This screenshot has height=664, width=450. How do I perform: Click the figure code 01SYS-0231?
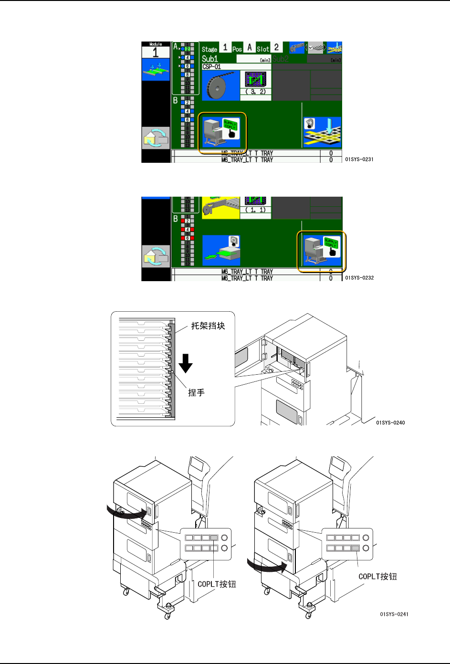pyautogui.click(x=359, y=159)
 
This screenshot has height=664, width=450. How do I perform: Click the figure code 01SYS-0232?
pyautogui.click(x=359, y=278)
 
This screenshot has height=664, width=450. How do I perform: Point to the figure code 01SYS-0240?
pyautogui.click(x=390, y=422)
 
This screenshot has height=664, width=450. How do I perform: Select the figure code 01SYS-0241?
pyautogui.click(x=394, y=614)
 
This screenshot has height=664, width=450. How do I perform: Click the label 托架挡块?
pyautogui.click(x=208, y=326)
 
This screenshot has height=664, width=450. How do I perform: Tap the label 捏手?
pyautogui.click(x=196, y=392)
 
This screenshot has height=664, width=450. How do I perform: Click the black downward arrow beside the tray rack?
pyautogui.click(x=186, y=363)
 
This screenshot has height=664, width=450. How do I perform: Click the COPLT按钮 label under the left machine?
pyautogui.click(x=217, y=584)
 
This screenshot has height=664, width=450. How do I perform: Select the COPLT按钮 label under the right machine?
pyautogui.click(x=377, y=577)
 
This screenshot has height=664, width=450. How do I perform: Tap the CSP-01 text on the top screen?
pyautogui.click(x=212, y=67)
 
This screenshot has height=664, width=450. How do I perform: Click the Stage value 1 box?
pyautogui.click(x=225, y=48)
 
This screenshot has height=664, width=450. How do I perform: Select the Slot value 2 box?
pyautogui.click(x=276, y=48)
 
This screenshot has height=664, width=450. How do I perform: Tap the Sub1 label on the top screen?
pyautogui.click(x=210, y=59)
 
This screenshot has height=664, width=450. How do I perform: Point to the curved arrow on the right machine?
pyautogui.click(x=267, y=567)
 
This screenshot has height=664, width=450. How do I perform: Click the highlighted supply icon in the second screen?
pyautogui.click(x=322, y=251)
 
